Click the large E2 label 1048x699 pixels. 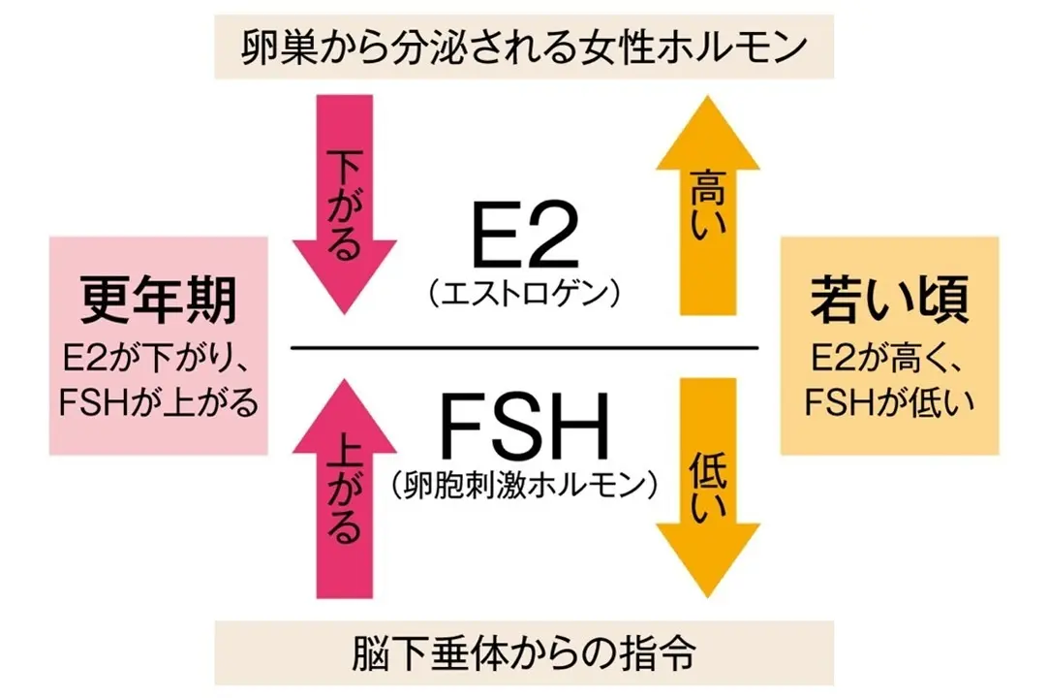(524, 239)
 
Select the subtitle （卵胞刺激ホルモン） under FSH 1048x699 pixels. (524, 482)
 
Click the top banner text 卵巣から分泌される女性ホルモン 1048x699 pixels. (523, 45)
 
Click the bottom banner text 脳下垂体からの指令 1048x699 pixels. (523, 653)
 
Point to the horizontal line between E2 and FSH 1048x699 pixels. (524, 347)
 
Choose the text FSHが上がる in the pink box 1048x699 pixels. (158, 399)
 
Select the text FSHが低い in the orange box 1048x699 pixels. (889, 399)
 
